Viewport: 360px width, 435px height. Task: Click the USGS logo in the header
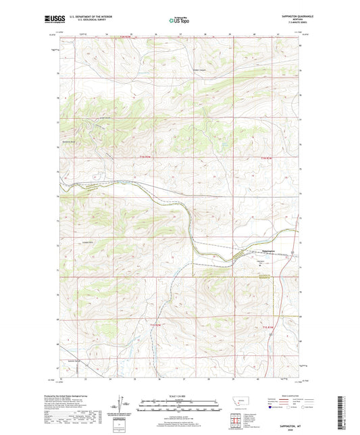[x=53, y=20]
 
